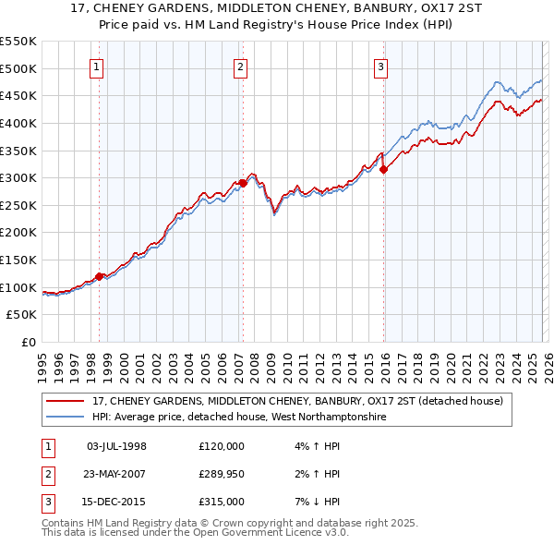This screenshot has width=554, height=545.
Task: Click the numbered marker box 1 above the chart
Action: coord(97,66)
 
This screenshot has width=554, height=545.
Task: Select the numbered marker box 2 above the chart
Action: coord(240,66)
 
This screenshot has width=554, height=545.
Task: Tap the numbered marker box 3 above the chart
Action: coord(380,66)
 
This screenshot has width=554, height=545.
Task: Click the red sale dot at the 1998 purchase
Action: coord(99,276)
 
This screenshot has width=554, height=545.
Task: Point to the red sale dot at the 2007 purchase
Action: coord(243,183)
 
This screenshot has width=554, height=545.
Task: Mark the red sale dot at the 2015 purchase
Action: coord(383,169)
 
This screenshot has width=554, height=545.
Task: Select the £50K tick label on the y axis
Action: coord(22,315)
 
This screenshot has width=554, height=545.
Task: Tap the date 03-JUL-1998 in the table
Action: coord(116,446)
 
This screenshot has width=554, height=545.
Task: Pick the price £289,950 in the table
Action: coord(222,474)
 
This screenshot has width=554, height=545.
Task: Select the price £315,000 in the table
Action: coord(222,502)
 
